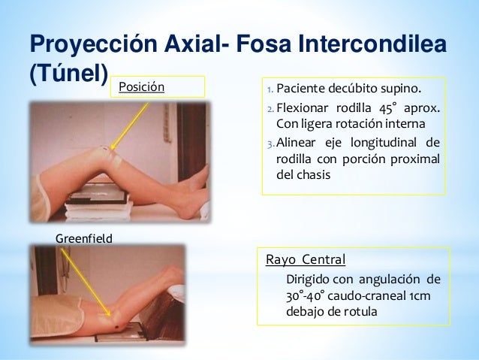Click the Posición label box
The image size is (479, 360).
(157, 87)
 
